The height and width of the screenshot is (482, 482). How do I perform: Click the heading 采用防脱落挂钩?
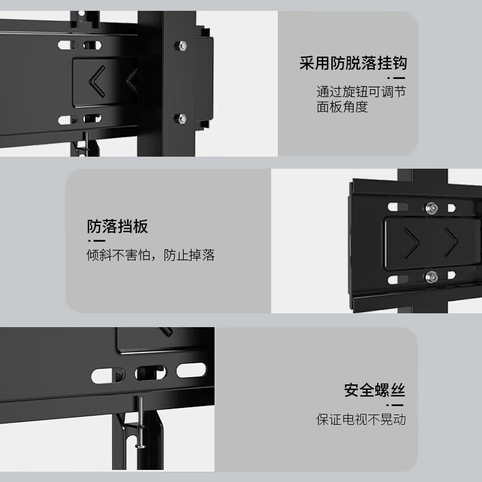(x=353, y=63)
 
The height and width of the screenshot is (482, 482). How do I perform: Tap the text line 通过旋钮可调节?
(x=361, y=92)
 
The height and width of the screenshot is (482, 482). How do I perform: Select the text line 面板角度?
(x=342, y=107)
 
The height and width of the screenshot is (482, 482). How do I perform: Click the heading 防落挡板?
(x=117, y=227)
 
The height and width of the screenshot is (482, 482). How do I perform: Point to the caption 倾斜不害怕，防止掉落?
(x=151, y=255)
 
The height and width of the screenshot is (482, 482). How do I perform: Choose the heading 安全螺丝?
(x=374, y=390)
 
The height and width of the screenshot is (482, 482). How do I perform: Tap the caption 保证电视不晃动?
(x=361, y=419)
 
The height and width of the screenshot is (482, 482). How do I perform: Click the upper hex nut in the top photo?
(x=181, y=46)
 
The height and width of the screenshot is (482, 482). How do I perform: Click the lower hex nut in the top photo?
(x=180, y=118)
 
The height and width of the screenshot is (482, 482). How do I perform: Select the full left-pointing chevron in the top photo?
(x=96, y=81)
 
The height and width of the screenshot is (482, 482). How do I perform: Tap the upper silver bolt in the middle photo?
(x=431, y=208)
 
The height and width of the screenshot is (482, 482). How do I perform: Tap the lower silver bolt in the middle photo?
(x=431, y=277)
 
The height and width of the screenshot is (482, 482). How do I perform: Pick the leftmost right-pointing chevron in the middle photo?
(x=412, y=243)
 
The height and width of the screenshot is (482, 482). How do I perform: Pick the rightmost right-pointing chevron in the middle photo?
(x=451, y=242)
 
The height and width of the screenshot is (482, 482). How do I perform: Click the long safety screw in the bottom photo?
(x=140, y=422)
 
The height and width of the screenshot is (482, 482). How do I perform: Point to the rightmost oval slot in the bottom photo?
(x=191, y=370)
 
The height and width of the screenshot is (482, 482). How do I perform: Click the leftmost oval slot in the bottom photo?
(x=108, y=375)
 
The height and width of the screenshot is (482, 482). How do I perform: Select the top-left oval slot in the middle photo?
(x=398, y=207)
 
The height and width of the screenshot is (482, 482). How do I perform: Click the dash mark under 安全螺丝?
(x=395, y=405)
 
